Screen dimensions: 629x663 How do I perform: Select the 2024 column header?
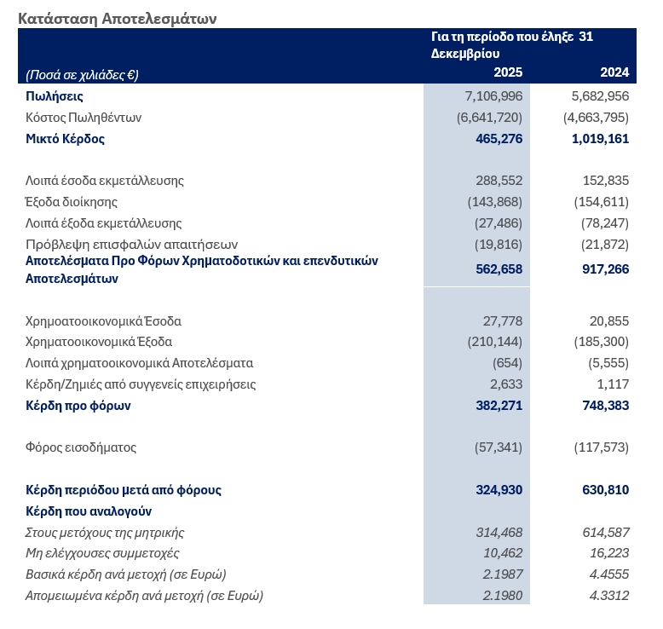coord(614,72)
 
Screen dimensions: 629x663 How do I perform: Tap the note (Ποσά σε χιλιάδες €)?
coord(83,74)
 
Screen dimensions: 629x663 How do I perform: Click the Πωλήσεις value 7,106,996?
coord(489,96)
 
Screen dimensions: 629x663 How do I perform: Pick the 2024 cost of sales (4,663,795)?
coord(596,118)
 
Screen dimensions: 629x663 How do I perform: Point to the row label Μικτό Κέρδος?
coord(66,138)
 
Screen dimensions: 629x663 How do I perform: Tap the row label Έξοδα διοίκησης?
coord(72,202)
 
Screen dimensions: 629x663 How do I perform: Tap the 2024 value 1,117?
coord(611,384)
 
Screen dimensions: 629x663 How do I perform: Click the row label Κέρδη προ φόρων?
coord(78,406)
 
